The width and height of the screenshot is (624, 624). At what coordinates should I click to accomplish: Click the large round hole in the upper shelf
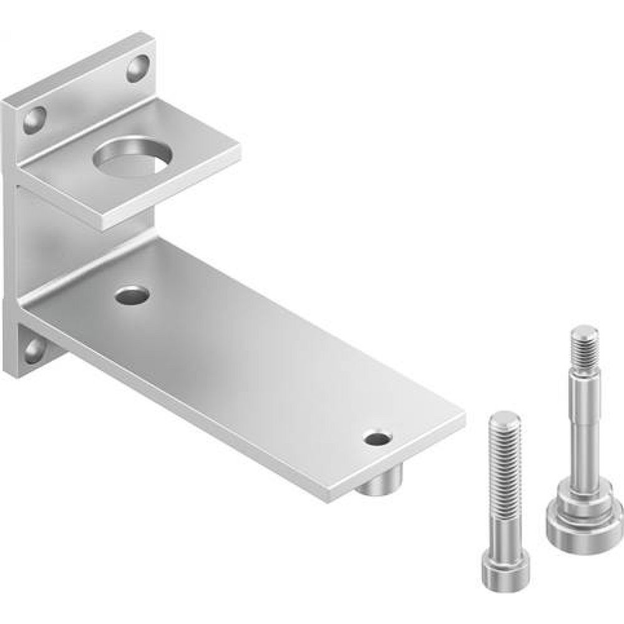[x=132, y=156]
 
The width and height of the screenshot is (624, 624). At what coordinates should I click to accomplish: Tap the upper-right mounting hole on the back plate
[x=138, y=68]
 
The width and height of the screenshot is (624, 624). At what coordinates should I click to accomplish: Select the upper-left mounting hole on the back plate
[x=34, y=119]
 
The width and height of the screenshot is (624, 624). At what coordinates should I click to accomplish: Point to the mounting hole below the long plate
[x=34, y=350]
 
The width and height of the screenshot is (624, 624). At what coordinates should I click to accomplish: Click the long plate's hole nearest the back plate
[x=132, y=295]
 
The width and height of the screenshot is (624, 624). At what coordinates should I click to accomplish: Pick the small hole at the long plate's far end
[x=378, y=438]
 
